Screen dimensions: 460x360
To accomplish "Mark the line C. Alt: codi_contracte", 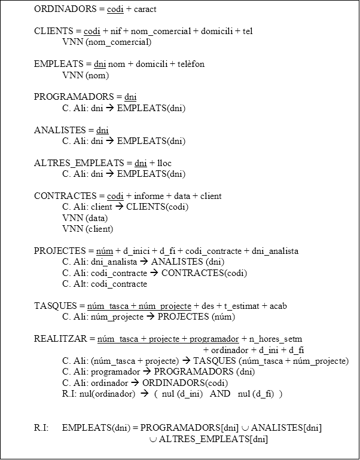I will pos(104,284).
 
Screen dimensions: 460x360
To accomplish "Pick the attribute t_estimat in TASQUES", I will pos(239,306).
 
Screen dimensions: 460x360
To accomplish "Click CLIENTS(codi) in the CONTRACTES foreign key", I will pos(157,207).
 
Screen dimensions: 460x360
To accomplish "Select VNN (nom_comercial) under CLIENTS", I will pos(106,42).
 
